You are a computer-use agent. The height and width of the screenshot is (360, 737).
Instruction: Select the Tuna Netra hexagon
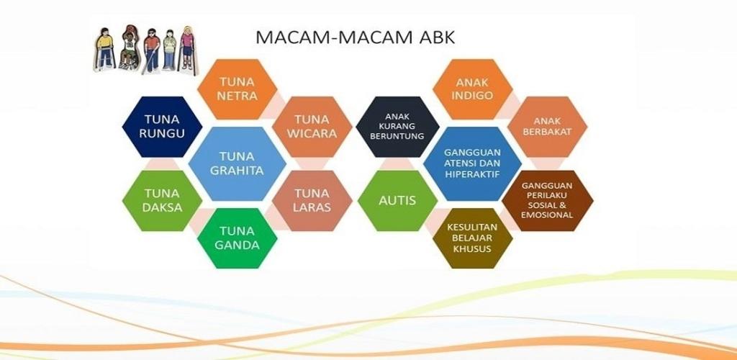point(238,89)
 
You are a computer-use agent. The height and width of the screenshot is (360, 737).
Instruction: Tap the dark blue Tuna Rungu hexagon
point(162,127)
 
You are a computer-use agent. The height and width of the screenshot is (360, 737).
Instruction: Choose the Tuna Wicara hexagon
point(312,127)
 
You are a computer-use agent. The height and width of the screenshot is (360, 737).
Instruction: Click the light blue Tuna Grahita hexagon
point(238,163)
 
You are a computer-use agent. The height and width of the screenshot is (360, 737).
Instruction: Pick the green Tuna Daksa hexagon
point(162,201)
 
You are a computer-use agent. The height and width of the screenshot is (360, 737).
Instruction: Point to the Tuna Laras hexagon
point(312,201)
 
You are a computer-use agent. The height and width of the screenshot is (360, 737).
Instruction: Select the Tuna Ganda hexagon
point(238,238)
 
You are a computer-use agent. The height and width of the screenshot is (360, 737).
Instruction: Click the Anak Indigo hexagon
point(472,89)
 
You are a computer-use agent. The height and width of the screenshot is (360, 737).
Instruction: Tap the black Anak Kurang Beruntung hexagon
point(397,127)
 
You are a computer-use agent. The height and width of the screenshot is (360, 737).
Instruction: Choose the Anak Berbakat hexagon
point(548,127)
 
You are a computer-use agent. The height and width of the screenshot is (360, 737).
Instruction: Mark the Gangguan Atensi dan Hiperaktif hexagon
point(472,163)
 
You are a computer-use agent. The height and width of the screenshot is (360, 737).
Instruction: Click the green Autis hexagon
point(397,201)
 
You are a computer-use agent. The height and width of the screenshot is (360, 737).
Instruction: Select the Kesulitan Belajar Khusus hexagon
point(472,238)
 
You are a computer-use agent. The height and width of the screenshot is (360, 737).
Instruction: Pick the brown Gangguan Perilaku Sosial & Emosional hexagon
point(548,201)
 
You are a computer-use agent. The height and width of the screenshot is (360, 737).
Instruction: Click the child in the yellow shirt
point(105,49)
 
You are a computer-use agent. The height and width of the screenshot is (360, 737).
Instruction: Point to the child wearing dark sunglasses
point(151,50)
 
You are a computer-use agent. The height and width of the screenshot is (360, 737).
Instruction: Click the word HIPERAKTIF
point(472,174)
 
